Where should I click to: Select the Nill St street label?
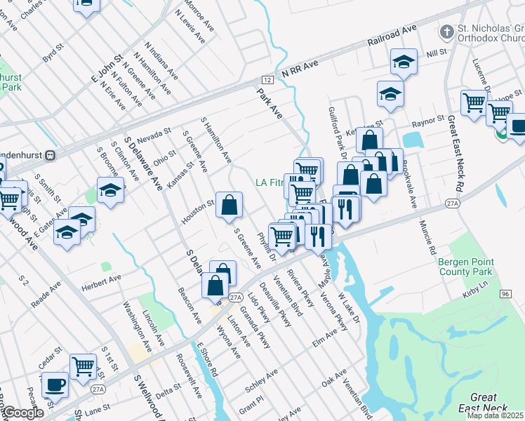437,53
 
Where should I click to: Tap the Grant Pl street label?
251,405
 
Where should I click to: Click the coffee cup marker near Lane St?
55,385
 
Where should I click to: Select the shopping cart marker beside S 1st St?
83,366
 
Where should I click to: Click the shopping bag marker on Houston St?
230,206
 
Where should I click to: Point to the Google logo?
22,413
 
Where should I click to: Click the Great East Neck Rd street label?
456,154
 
